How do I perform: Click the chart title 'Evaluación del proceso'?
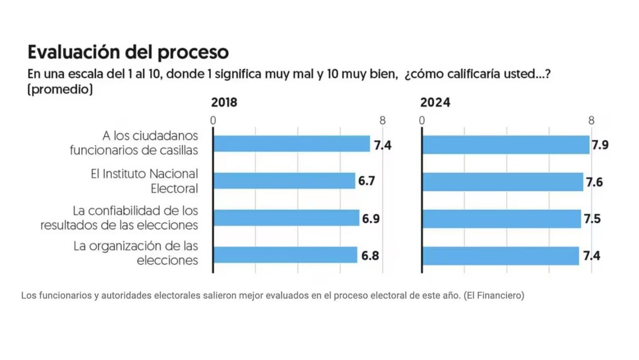pos(128,52)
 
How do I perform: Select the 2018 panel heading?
pos(224,103)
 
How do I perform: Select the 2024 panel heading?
pos(435,103)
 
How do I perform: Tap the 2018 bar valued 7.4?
pos(291,144)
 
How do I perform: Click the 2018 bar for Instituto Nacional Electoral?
pos(284,181)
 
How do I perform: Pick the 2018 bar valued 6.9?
pos(286,218)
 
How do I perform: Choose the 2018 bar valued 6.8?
pos(285,255)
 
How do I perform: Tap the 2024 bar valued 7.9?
pos(506,145)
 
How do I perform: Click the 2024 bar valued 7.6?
pos(502,182)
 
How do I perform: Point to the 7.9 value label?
pos(600,146)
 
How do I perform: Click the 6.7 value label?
pos(367,181)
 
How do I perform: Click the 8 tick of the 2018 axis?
pos(382,120)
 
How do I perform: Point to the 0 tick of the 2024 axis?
pos(422,120)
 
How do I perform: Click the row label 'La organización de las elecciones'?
pos(136,253)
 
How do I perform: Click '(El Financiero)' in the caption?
pos(494,296)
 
